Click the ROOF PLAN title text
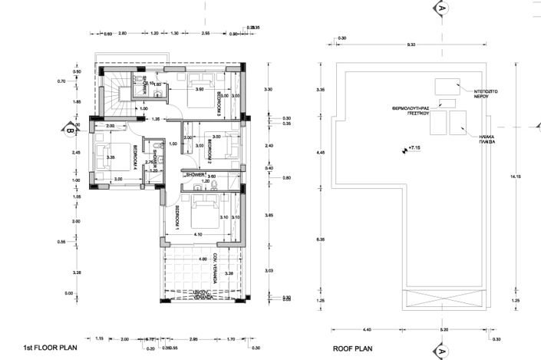coord(351,347)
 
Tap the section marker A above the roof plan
coord(442,8)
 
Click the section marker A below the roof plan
coord(442,352)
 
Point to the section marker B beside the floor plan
coord(69,130)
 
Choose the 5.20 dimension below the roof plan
coord(444,329)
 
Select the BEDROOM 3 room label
coord(218,102)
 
